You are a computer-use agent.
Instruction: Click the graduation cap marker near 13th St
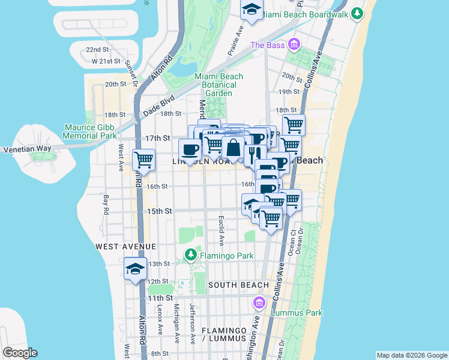point(136,269)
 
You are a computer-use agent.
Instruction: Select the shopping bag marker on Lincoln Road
point(233,147)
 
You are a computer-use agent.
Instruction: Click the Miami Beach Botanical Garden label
point(218,85)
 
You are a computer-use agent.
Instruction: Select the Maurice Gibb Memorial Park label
point(90,131)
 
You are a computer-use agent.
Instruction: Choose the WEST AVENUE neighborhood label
point(125,247)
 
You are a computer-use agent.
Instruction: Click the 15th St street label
point(160,211)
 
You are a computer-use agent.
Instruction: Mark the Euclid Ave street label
point(221,230)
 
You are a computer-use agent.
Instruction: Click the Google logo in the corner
point(20,353)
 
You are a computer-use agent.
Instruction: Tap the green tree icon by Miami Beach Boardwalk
point(357,13)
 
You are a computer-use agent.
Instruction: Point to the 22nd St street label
point(97,50)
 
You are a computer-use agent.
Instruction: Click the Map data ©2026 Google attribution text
point(411,355)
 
